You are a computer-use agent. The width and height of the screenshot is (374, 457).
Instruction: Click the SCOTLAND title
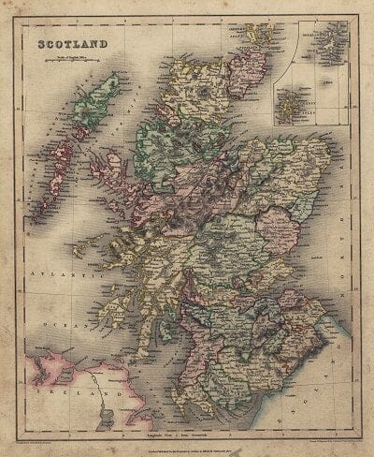(73, 43)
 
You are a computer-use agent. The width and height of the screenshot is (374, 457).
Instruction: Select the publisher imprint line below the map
(188, 441)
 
